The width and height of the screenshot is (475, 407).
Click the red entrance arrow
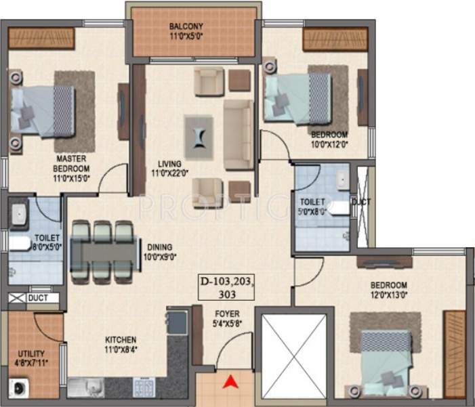(x=232, y=383)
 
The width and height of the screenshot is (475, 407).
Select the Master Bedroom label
(x=73, y=164)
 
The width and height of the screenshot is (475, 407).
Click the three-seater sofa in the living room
(x=238, y=135)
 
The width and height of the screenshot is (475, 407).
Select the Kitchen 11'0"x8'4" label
(x=121, y=344)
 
